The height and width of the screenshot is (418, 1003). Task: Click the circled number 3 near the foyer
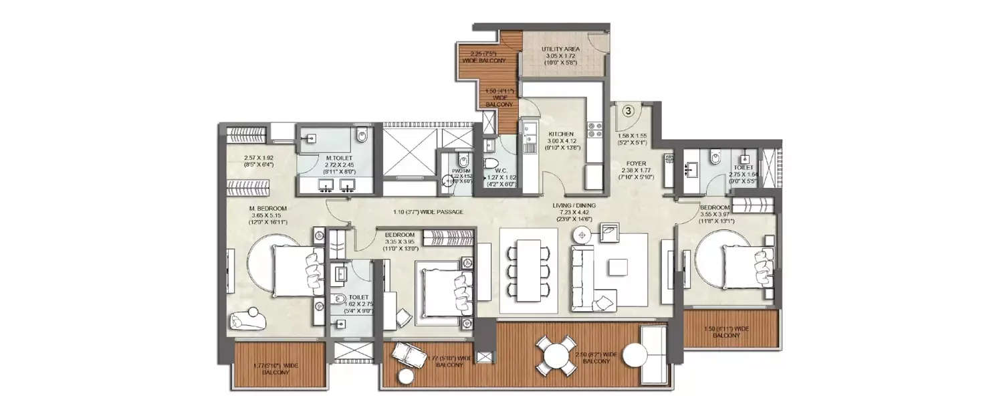[629, 112]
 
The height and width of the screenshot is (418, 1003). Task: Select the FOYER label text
[635, 162]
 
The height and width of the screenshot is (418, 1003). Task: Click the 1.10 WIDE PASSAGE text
[429, 211]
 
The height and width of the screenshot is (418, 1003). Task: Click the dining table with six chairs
[529, 270]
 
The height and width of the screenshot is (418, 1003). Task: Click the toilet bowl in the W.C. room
[486, 165]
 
